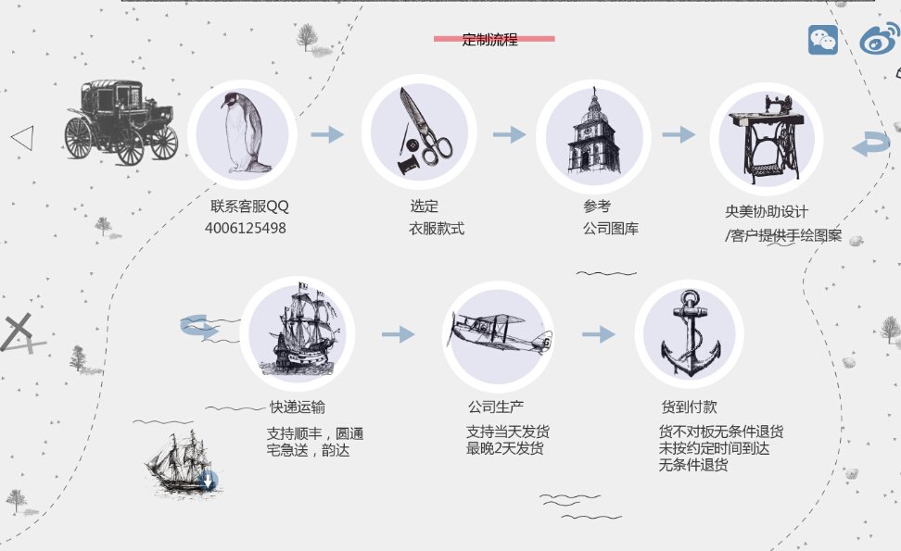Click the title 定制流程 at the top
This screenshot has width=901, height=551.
[489, 39]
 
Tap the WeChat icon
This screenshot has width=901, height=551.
[822, 40]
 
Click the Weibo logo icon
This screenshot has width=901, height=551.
[879, 39]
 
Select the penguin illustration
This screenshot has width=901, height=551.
[244, 133]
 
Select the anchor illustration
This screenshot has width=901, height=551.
[690, 332]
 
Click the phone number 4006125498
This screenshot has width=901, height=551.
[246, 228]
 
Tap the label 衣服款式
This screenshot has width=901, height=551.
[437, 229]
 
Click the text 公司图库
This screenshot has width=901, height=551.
[611, 229]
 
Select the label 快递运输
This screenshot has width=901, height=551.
[298, 407]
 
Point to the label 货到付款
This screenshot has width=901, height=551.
[689, 407]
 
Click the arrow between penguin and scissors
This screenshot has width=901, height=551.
[327, 135]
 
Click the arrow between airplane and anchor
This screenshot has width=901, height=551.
[599, 334]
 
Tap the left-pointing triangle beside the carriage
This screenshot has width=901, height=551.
[22, 138]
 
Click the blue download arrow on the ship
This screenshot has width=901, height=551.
[208, 480]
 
